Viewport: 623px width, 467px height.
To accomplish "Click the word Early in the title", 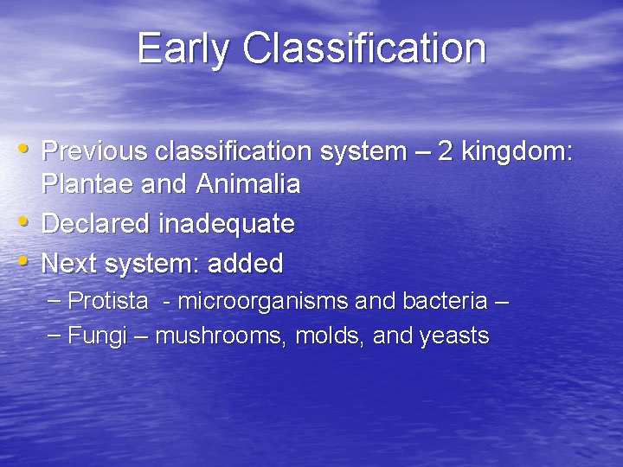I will coord(184,48).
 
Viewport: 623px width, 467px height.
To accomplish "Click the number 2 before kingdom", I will coord(446,151).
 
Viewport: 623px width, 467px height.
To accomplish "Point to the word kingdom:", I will coord(517,151).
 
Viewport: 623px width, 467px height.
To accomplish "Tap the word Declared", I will coord(96,224).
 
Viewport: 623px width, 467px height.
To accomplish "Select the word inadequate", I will coord(227,224).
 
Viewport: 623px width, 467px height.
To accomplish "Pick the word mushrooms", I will coord(221,336).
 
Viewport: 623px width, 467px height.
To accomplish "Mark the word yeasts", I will coord(454,336).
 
